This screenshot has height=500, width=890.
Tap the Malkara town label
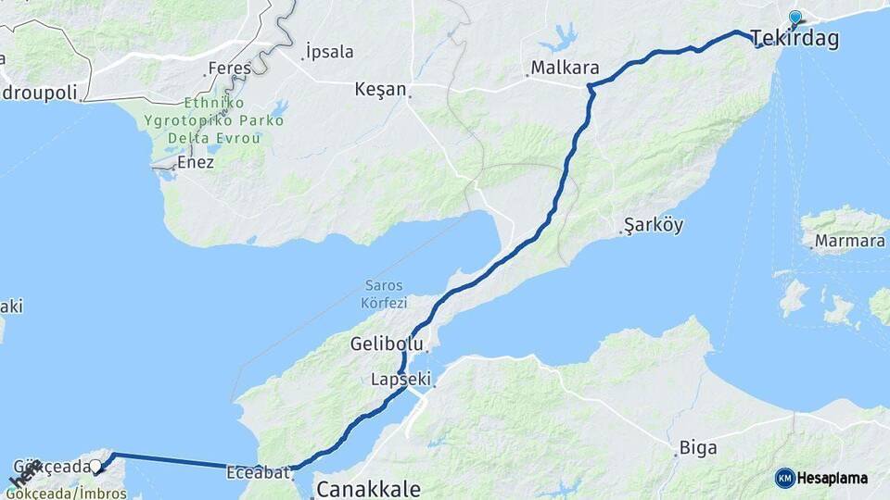[565, 69]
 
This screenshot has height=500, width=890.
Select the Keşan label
[380, 90]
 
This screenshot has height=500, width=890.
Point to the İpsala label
[329, 52]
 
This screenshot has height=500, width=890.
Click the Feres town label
[230, 68]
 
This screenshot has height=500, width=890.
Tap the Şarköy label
[654, 226]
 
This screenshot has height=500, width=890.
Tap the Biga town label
[698, 448]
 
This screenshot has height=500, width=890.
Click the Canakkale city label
[368, 488]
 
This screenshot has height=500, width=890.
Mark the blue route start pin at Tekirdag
[795, 18]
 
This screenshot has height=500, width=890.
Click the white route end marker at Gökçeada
[95, 466]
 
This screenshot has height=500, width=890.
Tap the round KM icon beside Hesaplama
[784, 478]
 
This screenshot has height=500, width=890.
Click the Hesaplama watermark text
[833, 478]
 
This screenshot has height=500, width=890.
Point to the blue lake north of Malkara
[560, 40]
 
